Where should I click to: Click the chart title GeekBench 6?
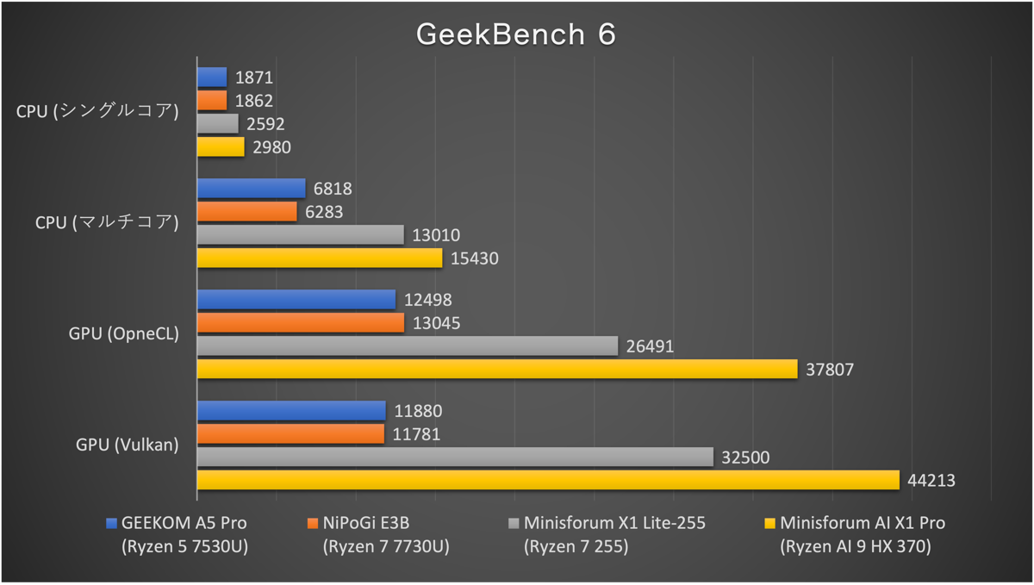(x=516, y=34)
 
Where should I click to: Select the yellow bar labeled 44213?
(x=548, y=480)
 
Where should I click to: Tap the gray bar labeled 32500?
(x=455, y=457)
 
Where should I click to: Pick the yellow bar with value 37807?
(x=497, y=369)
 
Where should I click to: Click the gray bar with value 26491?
(x=408, y=345)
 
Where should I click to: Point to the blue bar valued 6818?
(x=252, y=188)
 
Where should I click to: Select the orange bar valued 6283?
(x=247, y=211)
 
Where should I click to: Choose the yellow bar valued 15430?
(x=320, y=258)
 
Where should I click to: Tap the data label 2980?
(x=271, y=147)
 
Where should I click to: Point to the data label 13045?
(x=437, y=323)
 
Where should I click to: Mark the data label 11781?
(x=416, y=434)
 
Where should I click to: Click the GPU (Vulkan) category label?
(x=128, y=445)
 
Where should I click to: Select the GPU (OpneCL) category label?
(x=124, y=334)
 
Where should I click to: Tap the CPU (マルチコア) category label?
(x=107, y=223)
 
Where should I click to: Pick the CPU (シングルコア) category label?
(x=97, y=112)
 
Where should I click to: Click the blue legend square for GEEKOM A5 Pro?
(x=110, y=523)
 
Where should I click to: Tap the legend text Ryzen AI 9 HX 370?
(x=855, y=546)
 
